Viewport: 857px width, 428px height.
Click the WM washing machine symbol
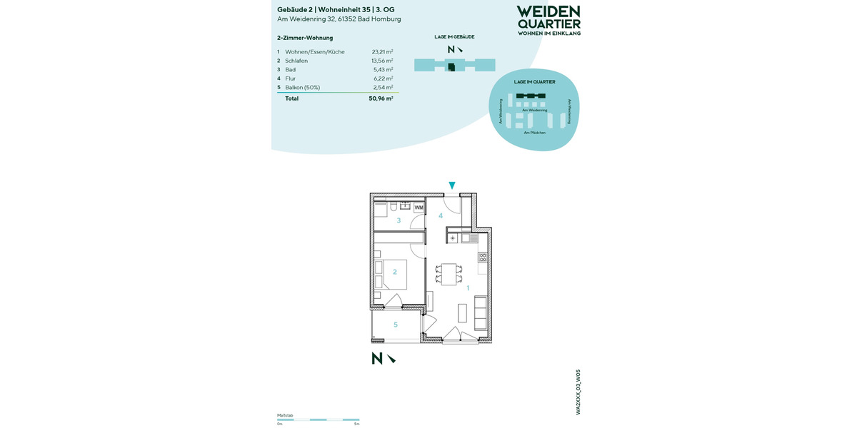tap(419, 208)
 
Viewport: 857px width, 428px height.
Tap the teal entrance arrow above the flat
tap(451, 186)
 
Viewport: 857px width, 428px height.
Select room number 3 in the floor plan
tap(399, 220)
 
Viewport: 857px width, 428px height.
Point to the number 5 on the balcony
tap(396, 325)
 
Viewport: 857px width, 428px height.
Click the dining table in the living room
tap(448, 274)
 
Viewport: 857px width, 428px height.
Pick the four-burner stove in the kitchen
tap(483, 257)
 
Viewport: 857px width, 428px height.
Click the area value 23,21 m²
tap(382, 52)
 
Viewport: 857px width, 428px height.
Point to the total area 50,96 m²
tap(381, 98)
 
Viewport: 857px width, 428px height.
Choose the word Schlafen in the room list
tap(296, 61)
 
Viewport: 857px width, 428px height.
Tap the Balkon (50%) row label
tap(302, 88)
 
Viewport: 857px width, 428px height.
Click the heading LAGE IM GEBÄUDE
tap(454, 37)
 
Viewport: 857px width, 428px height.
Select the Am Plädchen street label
tap(534, 133)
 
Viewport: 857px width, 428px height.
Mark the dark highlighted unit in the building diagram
tap(451, 66)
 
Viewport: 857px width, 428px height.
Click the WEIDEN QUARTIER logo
tap(548, 20)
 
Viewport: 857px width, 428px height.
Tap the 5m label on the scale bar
tap(356, 424)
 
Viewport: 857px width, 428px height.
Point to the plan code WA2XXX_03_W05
tap(578, 392)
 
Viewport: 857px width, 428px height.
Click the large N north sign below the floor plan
tap(377, 359)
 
